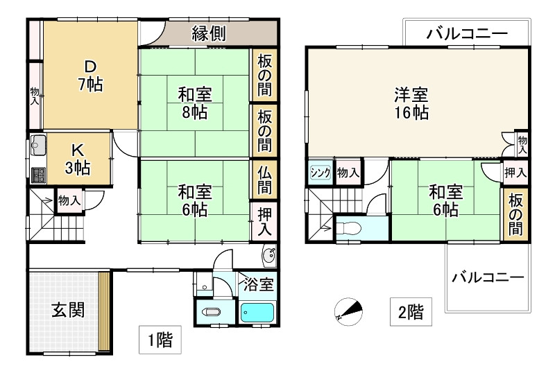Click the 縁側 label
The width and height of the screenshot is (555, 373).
coord(207,33)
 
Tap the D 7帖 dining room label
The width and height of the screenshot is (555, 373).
coord(90,75)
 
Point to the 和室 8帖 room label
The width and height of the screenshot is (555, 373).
coord(195,101)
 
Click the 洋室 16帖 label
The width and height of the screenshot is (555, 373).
coord(411,102)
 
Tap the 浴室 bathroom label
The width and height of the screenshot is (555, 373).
coord(259,284)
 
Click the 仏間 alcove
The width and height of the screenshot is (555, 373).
coord(264,179)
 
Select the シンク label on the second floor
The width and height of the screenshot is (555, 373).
coord(320,173)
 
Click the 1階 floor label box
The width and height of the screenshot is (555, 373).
coord(160,340)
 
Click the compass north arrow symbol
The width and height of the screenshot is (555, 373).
coord(348,310)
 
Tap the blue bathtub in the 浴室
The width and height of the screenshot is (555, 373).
coord(258,312)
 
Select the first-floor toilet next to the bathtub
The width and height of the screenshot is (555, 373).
coord(212,313)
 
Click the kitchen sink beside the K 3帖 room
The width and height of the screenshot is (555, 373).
coord(37,147)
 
